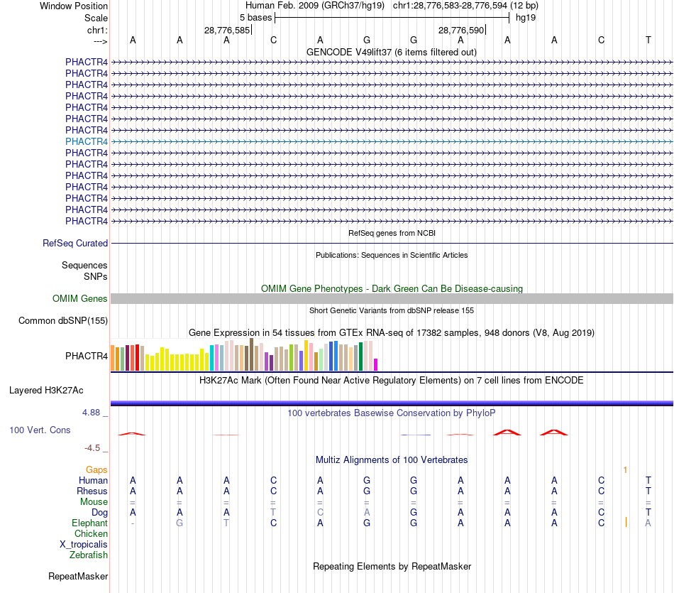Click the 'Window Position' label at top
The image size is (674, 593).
pyautogui.click(x=74, y=6)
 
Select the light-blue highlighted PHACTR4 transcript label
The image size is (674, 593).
pyautogui.click(x=87, y=141)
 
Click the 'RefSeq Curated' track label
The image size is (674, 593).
pyautogui.click(x=75, y=243)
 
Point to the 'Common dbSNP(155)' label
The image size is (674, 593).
pyautogui.click(x=63, y=321)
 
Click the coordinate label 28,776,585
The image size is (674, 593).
pyautogui.click(x=227, y=31)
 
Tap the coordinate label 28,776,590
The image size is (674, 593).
pyautogui.click(x=461, y=31)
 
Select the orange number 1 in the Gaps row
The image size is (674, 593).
pyautogui.click(x=625, y=469)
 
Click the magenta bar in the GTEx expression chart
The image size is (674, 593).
pyautogui.click(x=376, y=364)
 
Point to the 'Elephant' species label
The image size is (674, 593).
pyautogui.click(x=90, y=523)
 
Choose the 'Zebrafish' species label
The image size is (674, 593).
pyautogui.click(x=89, y=555)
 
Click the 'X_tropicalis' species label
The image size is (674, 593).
pyautogui.click(x=84, y=544)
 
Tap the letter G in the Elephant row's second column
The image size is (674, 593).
pyautogui.click(x=179, y=523)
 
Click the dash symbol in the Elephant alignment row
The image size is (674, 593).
pyautogui.click(x=133, y=523)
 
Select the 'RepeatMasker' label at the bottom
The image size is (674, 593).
pyautogui.click(x=78, y=576)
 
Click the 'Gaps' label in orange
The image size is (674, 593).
pyautogui.click(x=96, y=469)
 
